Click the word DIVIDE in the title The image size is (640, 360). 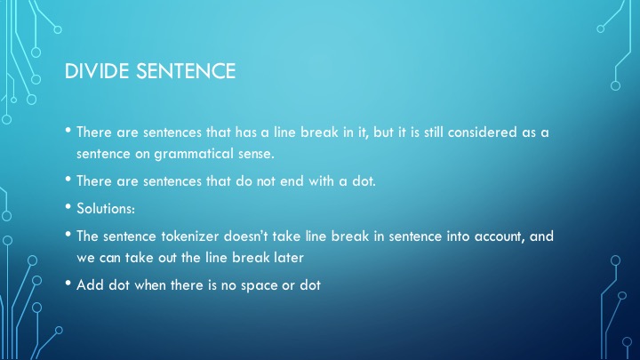[x=97, y=71]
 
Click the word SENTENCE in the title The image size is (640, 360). [x=186, y=71]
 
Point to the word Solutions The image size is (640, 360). [x=106, y=209]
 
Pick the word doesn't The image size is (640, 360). [x=246, y=236]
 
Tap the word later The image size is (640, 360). [x=289, y=258]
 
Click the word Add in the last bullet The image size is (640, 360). [x=90, y=285]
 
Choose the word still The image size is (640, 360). [x=434, y=132]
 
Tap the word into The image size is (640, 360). [x=458, y=236]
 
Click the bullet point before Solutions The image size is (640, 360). [x=68, y=206]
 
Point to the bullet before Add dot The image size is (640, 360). [x=68, y=283]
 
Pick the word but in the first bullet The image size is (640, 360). [x=383, y=132]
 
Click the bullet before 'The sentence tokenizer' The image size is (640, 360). [x=68, y=234]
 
